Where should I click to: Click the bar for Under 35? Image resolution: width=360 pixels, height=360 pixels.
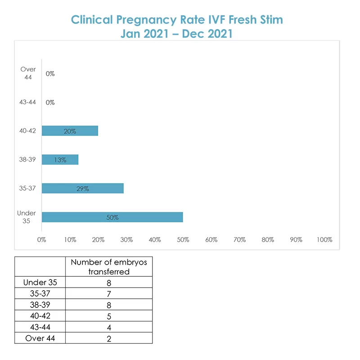(112, 217)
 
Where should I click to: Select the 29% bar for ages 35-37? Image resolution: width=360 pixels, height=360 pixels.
(83, 188)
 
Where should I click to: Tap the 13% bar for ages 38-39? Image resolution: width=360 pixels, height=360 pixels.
(60, 160)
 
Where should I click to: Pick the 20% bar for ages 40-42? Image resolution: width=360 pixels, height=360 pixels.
(70, 131)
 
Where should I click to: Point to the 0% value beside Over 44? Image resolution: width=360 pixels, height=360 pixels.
(50, 74)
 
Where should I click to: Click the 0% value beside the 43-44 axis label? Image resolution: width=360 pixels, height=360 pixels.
(50, 103)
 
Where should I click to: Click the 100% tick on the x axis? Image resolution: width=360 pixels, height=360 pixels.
(324, 240)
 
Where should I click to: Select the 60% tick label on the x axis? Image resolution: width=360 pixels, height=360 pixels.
(211, 240)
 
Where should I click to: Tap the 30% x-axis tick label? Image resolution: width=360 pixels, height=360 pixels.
(126, 240)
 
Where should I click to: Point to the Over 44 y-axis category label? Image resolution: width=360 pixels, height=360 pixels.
(28, 73)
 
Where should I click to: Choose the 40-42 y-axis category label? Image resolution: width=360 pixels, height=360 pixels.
(27, 131)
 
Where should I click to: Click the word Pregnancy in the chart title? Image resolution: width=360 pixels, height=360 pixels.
(146, 20)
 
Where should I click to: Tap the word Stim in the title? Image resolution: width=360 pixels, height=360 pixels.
(271, 19)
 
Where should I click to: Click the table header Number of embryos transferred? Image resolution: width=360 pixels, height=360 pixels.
(109, 267)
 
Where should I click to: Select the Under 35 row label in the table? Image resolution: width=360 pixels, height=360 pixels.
(40, 283)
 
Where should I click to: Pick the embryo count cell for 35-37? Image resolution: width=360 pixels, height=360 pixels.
(109, 294)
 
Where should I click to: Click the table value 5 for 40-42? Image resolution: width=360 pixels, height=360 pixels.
(109, 316)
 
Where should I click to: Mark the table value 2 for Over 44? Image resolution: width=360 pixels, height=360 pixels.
(109, 339)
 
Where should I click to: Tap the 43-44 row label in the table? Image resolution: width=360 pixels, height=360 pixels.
(40, 327)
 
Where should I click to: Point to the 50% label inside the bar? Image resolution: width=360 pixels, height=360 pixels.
(112, 217)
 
